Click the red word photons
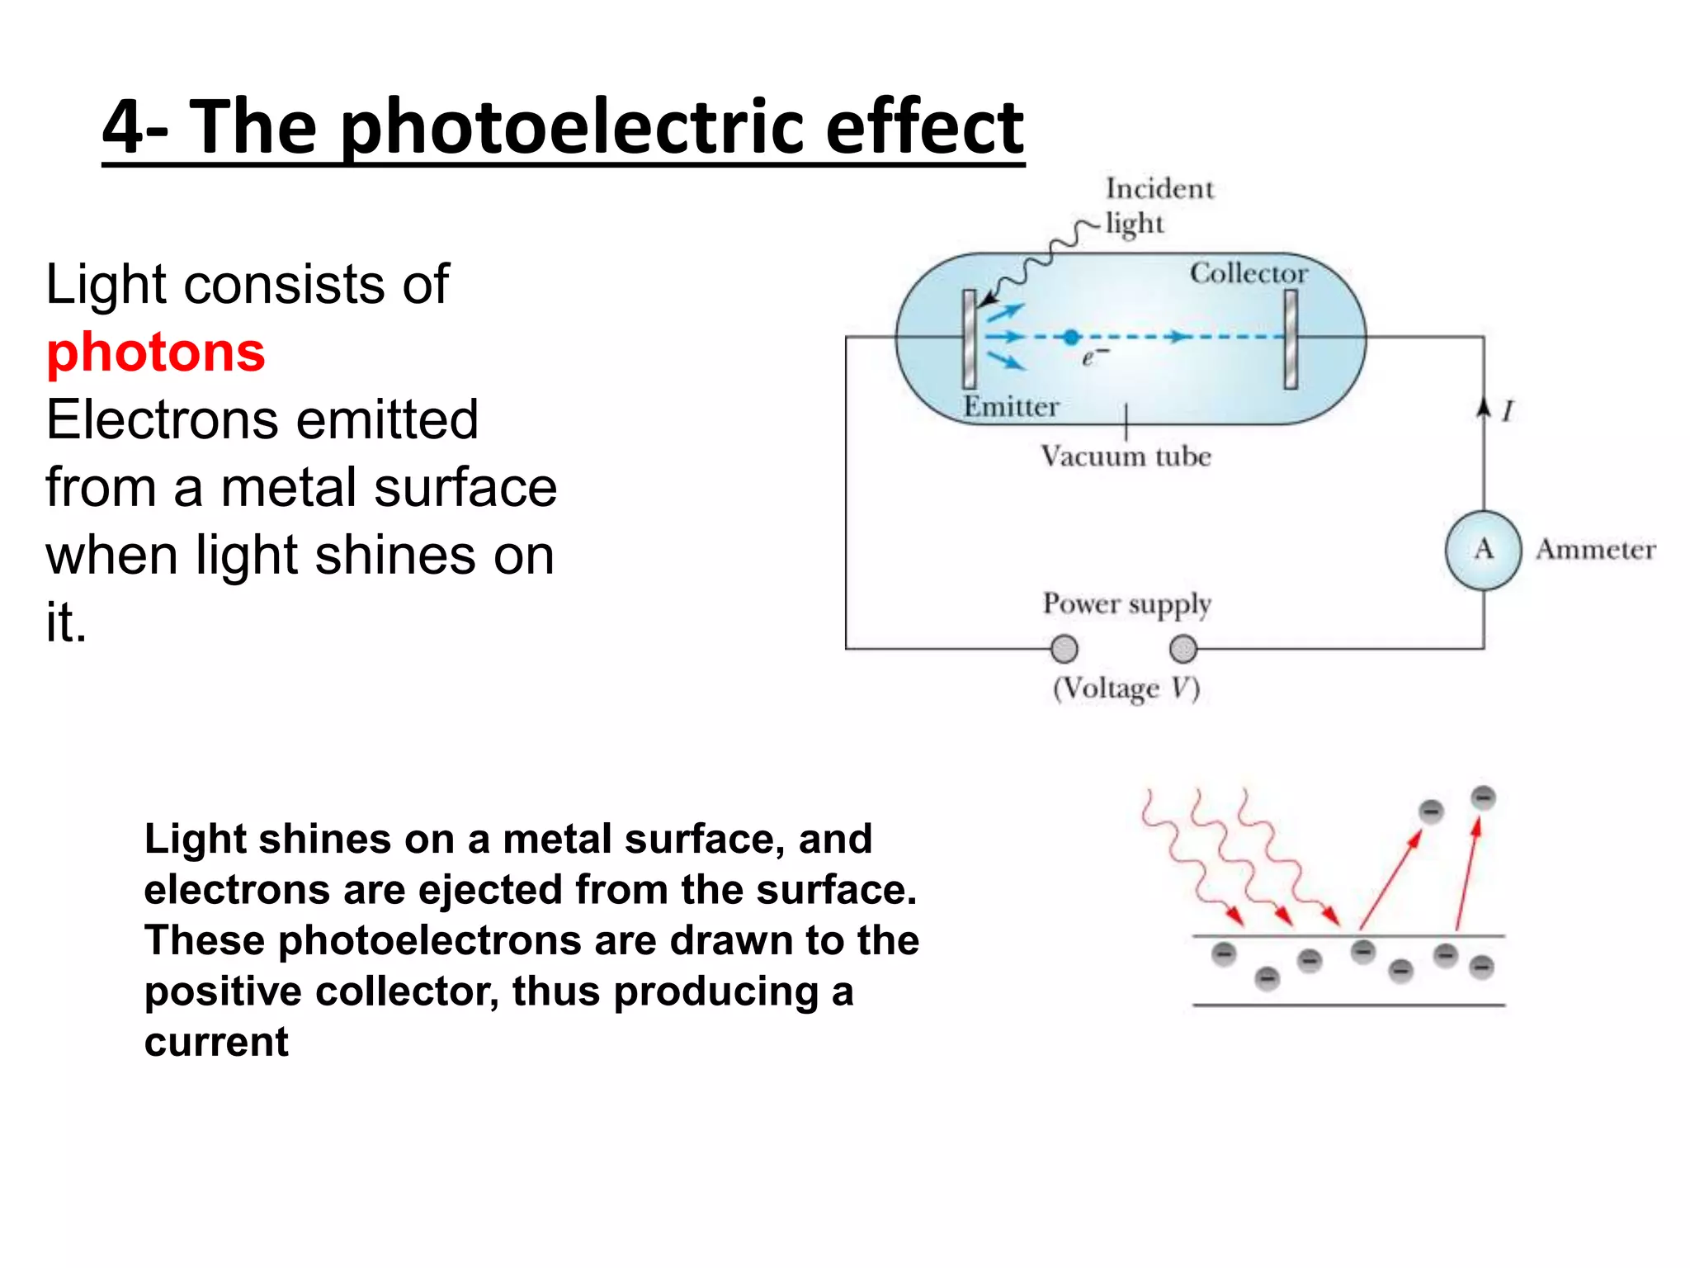click(155, 352)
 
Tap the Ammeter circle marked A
click(1483, 550)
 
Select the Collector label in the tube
click(1249, 273)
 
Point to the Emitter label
click(1011, 407)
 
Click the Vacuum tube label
click(1126, 457)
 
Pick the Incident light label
click(1159, 206)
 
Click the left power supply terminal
click(1065, 649)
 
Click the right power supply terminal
click(1183, 649)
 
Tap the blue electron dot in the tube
click(1071, 337)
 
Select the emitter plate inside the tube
click(970, 338)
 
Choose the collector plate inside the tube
click(1291, 338)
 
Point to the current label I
click(1508, 410)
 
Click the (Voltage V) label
click(1126, 688)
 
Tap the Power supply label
click(1126, 604)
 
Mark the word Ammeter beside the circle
click(1595, 550)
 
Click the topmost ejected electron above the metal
click(1483, 797)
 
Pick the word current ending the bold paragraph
click(216, 1042)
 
